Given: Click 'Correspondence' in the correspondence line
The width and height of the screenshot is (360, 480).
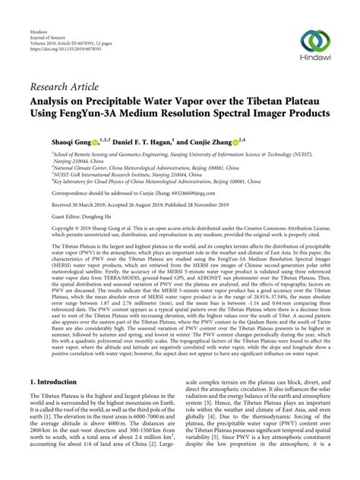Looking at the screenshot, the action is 49,192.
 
